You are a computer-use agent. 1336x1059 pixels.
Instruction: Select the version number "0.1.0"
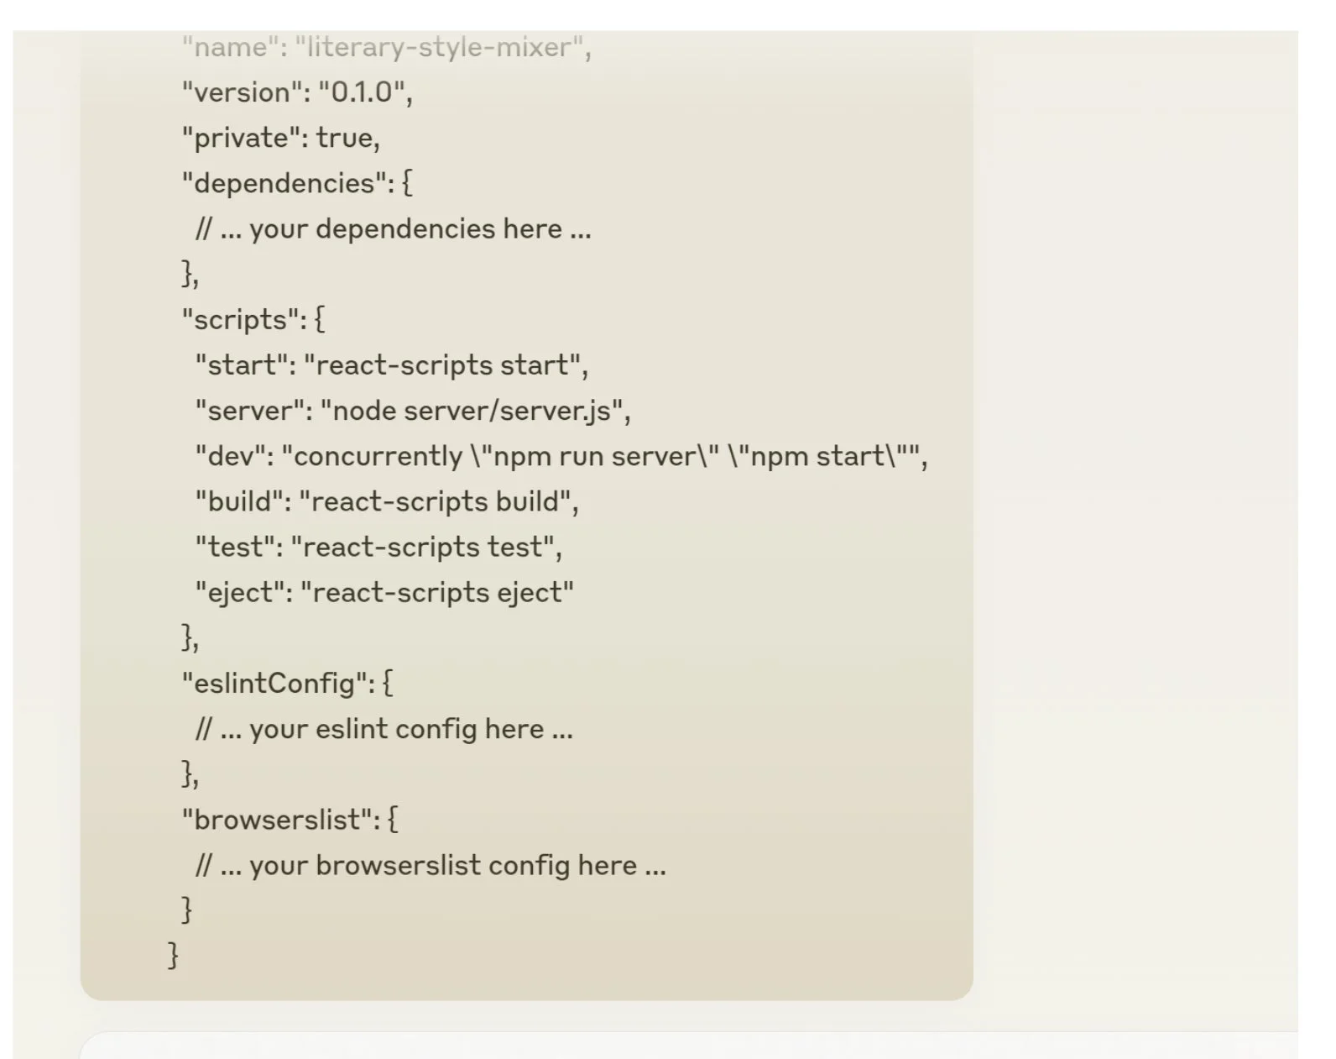click(362, 92)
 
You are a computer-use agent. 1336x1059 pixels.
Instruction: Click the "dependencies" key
click(284, 183)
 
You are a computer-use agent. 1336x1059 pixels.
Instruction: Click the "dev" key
click(231, 456)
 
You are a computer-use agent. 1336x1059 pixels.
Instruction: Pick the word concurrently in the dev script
click(378, 456)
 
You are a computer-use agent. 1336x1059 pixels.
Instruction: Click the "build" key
click(241, 501)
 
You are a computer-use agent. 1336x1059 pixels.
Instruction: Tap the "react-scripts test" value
click(422, 547)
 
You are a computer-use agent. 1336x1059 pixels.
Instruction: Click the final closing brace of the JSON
click(174, 955)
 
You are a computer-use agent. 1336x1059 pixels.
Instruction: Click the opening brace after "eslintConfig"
click(387, 684)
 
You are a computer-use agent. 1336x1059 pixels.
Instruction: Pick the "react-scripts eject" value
click(437, 592)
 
